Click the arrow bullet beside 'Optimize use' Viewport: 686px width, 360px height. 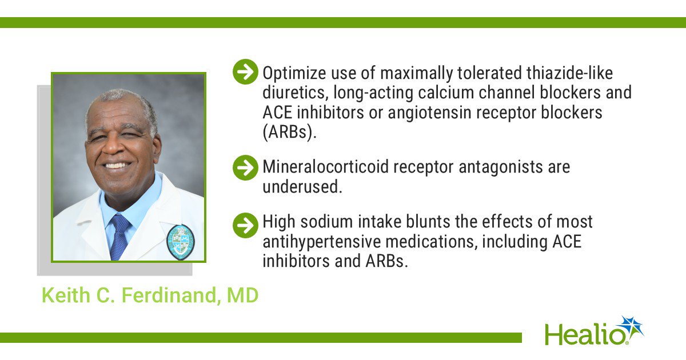click(x=245, y=71)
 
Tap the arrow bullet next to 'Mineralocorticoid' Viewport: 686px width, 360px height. click(x=245, y=167)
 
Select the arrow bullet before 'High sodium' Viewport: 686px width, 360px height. click(x=245, y=225)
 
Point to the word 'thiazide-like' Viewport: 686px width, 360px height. click(x=569, y=73)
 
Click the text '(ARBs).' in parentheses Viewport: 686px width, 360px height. click(x=289, y=133)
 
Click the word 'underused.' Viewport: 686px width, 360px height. click(x=302, y=187)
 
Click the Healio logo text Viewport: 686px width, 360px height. click(x=584, y=334)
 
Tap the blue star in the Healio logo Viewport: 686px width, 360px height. click(x=631, y=327)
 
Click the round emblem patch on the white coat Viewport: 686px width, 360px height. click(x=181, y=242)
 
